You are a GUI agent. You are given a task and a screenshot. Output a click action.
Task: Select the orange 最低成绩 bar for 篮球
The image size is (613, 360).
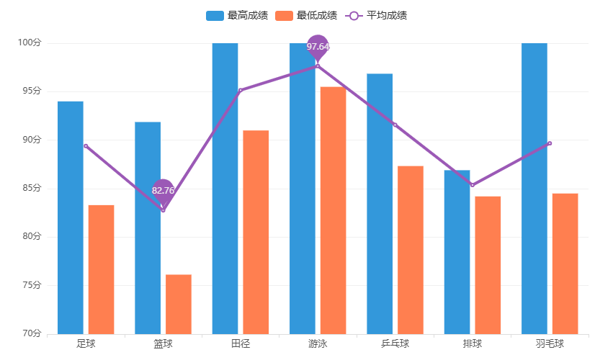[179, 304]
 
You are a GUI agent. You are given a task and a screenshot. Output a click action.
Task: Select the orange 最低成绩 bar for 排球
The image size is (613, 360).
[488, 265]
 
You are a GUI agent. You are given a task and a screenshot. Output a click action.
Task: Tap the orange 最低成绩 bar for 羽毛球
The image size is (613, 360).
[565, 264]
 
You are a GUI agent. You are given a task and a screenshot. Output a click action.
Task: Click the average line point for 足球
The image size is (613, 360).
[86, 145]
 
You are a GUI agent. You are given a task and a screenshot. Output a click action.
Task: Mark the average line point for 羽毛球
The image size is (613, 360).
[550, 143]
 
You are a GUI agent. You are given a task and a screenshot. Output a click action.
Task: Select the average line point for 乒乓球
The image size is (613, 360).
[395, 125]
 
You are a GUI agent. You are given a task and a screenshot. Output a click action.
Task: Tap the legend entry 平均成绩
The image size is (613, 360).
[377, 15]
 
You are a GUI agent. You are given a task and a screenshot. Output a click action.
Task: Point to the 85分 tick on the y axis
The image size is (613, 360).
[32, 189]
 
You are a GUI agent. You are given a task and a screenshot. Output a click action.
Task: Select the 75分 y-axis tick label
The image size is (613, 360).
[32, 285]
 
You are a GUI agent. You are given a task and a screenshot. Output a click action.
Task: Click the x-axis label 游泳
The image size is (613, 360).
[318, 343]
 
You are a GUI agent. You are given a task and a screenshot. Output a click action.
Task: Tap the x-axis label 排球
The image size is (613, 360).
[473, 343]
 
